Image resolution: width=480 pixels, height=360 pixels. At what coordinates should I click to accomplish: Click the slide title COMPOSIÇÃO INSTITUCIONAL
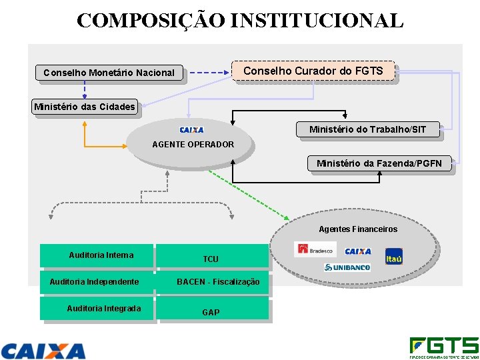pyautogui.click(x=240, y=20)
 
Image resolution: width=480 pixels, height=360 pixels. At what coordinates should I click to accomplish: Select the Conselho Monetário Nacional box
pyautogui.click(x=109, y=73)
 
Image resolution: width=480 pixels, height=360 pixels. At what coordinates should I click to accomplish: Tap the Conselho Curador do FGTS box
pyautogui.click(x=313, y=71)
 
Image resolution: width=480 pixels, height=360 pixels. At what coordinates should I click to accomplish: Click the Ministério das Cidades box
pyautogui.click(x=85, y=107)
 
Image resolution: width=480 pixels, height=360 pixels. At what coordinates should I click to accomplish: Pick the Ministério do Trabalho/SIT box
pyautogui.click(x=367, y=129)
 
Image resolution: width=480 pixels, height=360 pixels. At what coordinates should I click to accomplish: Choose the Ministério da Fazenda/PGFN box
pyautogui.click(x=379, y=163)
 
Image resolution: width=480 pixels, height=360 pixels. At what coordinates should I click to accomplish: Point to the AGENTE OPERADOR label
pyautogui.click(x=193, y=144)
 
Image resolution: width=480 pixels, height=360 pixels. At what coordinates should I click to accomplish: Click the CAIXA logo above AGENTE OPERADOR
pyautogui.click(x=192, y=129)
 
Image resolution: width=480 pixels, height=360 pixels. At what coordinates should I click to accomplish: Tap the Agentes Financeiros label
pyautogui.click(x=358, y=229)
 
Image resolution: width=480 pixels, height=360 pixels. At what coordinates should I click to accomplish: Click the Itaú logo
pyautogui.click(x=393, y=257)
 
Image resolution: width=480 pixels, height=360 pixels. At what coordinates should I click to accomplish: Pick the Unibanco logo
pyautogui.click(x=347, y=267)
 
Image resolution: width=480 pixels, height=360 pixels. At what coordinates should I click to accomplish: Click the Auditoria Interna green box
pyautogui.click(x=97, y=255)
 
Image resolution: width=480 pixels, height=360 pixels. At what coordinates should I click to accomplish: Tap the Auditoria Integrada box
pyautogui.click(x=97, y=308)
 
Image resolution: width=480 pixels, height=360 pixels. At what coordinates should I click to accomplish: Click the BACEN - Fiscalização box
pyautogui.click(x=213, y=282)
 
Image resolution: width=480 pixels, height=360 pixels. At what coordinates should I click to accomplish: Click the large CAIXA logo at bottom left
pyautogui.click(x=43, y=351)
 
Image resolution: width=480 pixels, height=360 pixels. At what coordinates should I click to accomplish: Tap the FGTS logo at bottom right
pyautogui.click(x=444, y=347)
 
